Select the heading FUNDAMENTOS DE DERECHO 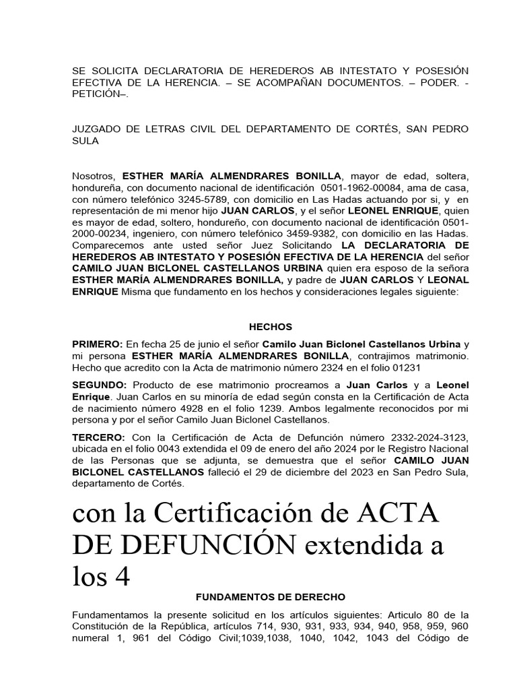(x=270, y=597)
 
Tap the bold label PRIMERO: (x=98, y=344)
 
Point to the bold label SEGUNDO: (x=100, y=385)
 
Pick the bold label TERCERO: (x=98, y=438)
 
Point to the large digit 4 (x=118, y=575)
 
